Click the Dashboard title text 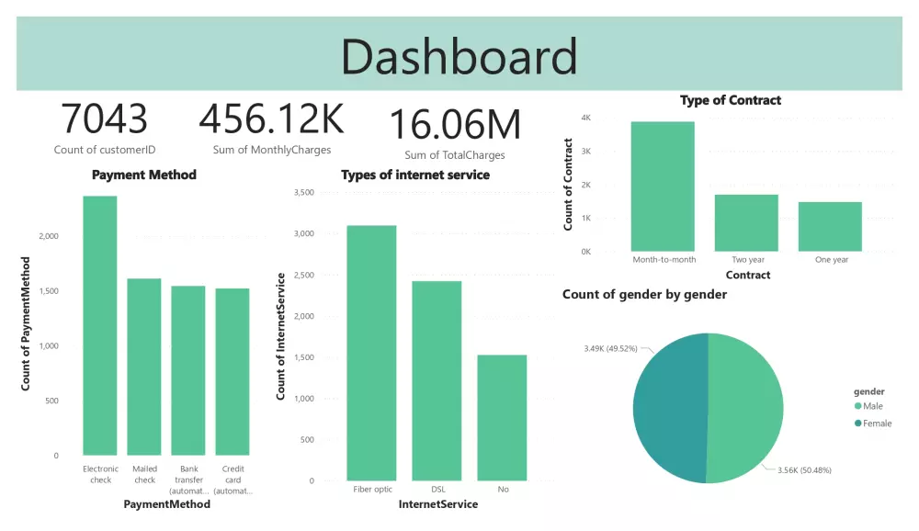coord(459,57)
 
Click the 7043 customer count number coord(104,120)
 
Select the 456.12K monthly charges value coord(271,120)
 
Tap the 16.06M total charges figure coord(455,126)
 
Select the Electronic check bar coord(100,326)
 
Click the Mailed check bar coord(144,367)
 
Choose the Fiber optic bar coord(371,353)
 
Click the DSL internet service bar coord(437,380)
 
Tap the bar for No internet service coord(503,417)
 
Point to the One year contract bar coord(831,226)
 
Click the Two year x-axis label coord(746,260)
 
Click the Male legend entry coord(873,406)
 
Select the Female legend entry coord(876,423)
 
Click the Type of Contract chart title coord(731,100)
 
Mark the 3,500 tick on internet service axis coord(303,193)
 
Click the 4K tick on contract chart coord(585,119)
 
